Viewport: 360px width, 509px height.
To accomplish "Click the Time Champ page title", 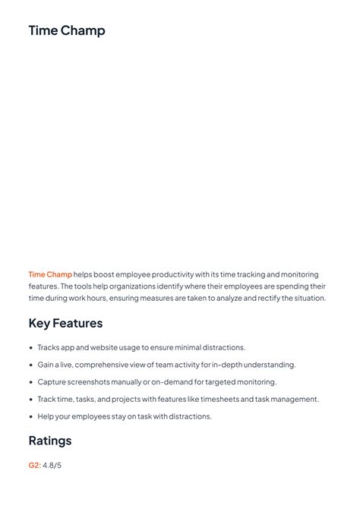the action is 67,31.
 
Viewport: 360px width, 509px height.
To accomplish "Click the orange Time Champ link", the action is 50,274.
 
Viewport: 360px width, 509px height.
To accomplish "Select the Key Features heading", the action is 65,324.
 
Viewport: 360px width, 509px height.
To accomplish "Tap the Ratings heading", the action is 50,441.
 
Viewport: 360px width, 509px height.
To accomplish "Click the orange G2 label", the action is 34,465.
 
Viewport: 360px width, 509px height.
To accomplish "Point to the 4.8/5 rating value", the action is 52,465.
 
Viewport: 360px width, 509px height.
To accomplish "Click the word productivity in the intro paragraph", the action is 172,274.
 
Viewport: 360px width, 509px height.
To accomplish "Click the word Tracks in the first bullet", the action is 49,347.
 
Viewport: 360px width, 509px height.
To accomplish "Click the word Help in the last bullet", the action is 46,416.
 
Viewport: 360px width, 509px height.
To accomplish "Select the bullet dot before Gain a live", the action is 31,365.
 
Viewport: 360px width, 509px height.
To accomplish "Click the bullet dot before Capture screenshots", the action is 31,382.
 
